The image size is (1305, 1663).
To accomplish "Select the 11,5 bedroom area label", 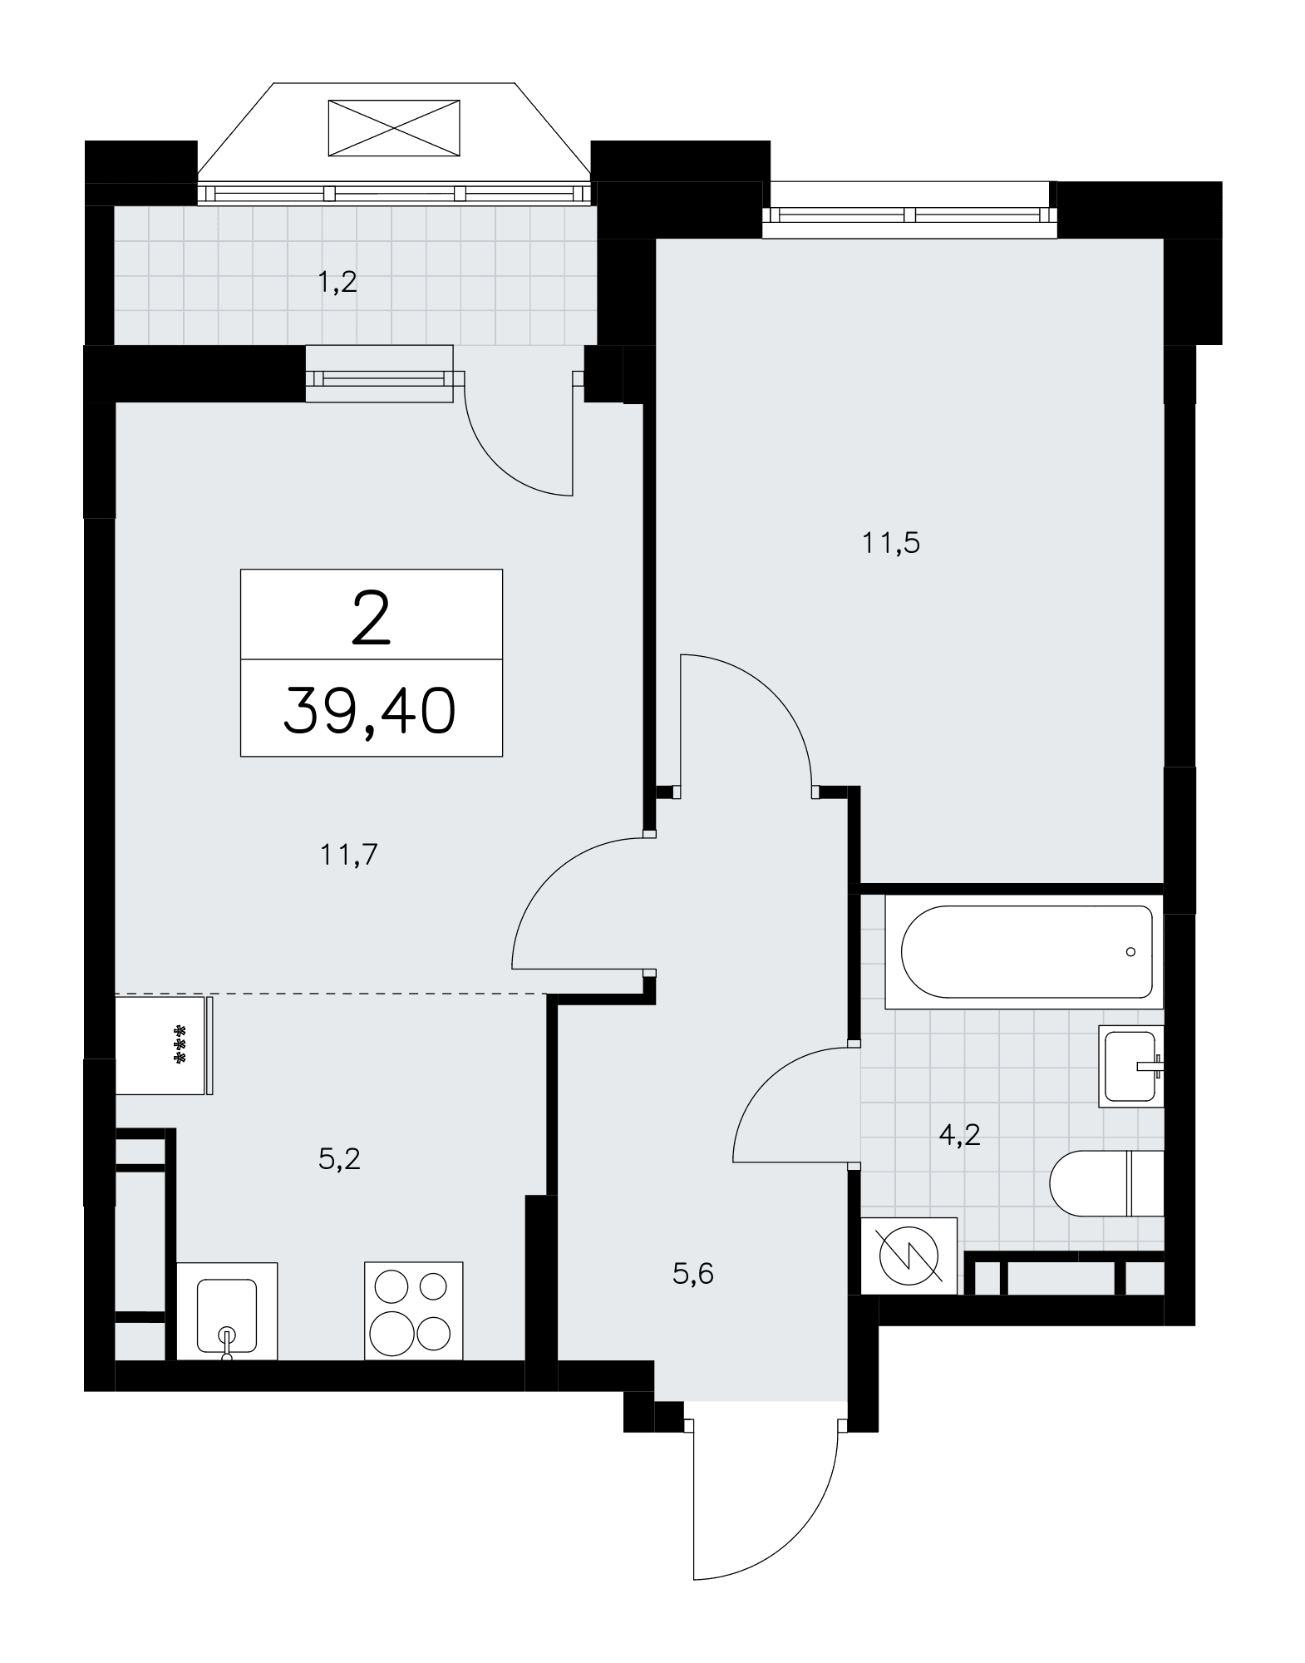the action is tap(890, 544).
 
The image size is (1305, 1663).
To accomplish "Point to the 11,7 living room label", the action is tap(349, 854).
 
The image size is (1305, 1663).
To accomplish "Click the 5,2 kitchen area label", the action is tap(339, 1158).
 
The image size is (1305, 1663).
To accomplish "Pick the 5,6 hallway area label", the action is tap(693, 1273).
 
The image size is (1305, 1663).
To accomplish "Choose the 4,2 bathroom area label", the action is tap(960, 1133).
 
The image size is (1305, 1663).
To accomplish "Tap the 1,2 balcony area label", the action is tap(337, 283).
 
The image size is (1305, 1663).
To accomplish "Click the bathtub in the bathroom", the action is tap(1023, 952).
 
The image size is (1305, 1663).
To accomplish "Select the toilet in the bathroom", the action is tap(1106, 1183).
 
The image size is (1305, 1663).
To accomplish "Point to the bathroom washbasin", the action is tap(1131, 1066).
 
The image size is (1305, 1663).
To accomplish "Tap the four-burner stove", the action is tap(413, 1311).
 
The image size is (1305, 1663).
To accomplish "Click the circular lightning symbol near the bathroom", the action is tap(909, 1256).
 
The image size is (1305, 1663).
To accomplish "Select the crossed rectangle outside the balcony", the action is tap(394, 127).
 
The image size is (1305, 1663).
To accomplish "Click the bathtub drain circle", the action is tap(1130, 952).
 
